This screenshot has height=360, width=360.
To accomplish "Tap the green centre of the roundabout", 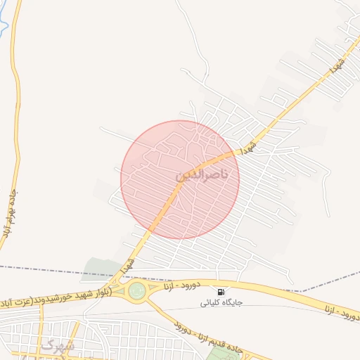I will (x=136, y=290).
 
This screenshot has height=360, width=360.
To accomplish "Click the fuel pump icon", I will (x=221, y=292).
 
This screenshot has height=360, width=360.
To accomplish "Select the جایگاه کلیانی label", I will (x=221, y=303).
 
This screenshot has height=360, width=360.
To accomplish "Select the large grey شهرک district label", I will (x=56, y=345).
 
